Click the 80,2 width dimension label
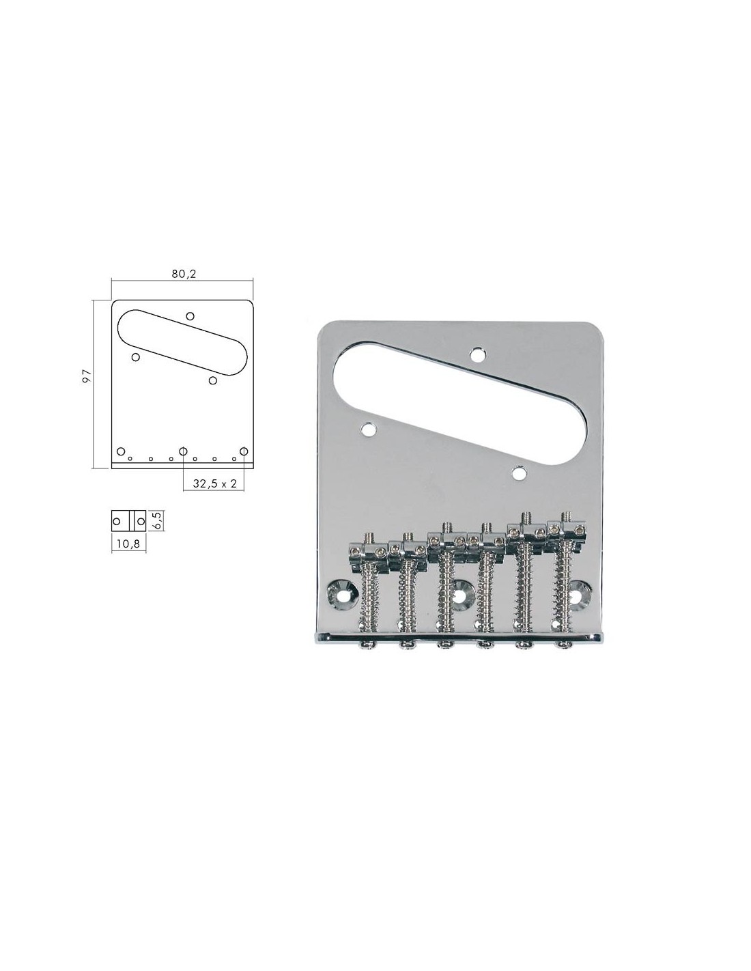[184, 274]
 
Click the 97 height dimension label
[87, 376]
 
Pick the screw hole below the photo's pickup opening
[519, 473]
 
